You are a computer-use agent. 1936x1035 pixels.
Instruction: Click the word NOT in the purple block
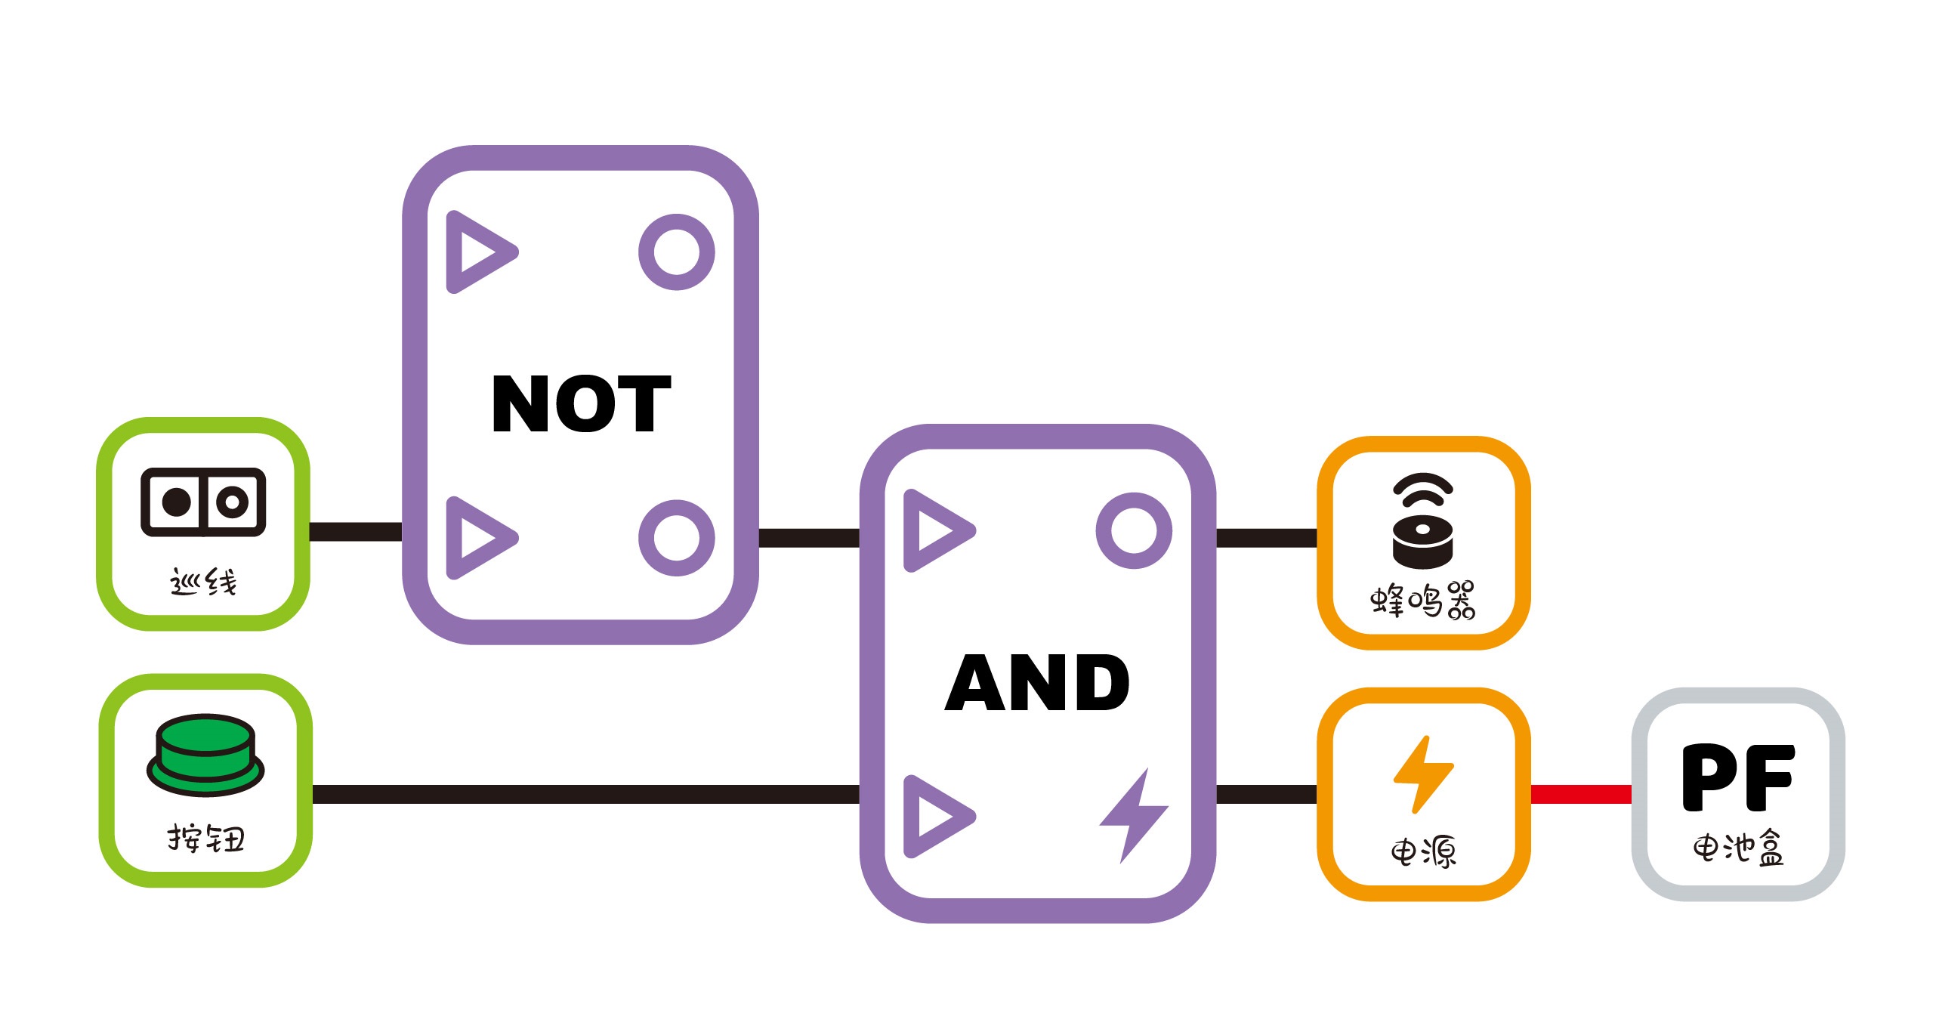point(580,404)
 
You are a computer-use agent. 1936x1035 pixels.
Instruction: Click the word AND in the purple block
point(1037,683)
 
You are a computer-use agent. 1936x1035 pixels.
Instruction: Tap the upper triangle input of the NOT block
point(477,252)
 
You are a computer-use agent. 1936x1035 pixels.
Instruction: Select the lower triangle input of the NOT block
point(477,538)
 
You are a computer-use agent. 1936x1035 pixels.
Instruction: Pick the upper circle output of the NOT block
point(676,252)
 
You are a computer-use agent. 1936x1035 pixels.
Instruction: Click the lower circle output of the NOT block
point(676,538)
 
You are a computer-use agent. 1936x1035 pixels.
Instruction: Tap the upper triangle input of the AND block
point(935,530)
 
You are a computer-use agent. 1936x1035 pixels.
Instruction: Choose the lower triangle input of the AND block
point(935,816)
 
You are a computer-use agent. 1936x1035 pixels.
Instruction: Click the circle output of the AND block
point(1134,530)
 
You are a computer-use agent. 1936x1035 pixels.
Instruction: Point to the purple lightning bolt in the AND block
point(1134,816)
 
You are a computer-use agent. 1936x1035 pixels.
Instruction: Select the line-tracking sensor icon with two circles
point(203,502)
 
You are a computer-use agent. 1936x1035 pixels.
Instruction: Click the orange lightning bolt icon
point(1423,774)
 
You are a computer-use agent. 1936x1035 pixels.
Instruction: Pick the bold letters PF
point(1737,777)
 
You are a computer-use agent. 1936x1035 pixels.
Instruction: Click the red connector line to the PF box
point(1581,794)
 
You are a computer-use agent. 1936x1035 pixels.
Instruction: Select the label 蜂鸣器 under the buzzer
point(1423,601)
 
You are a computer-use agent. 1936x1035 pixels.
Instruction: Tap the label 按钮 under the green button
point(205,839)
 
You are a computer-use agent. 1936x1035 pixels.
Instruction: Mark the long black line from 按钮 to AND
point(585,794)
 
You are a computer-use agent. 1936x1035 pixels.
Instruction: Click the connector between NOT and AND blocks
point(809,538)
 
